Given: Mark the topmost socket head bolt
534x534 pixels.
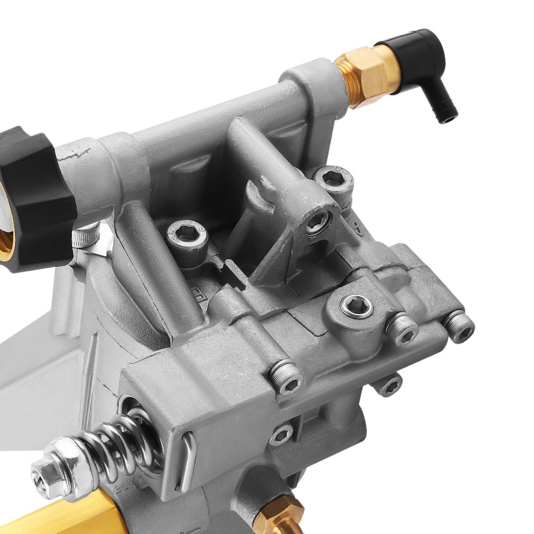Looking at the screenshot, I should [x=334, y=182].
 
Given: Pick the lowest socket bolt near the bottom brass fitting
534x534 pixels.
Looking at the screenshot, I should [x=280, y=435].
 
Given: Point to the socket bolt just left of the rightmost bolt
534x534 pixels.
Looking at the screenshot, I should [x=402, y=329].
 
